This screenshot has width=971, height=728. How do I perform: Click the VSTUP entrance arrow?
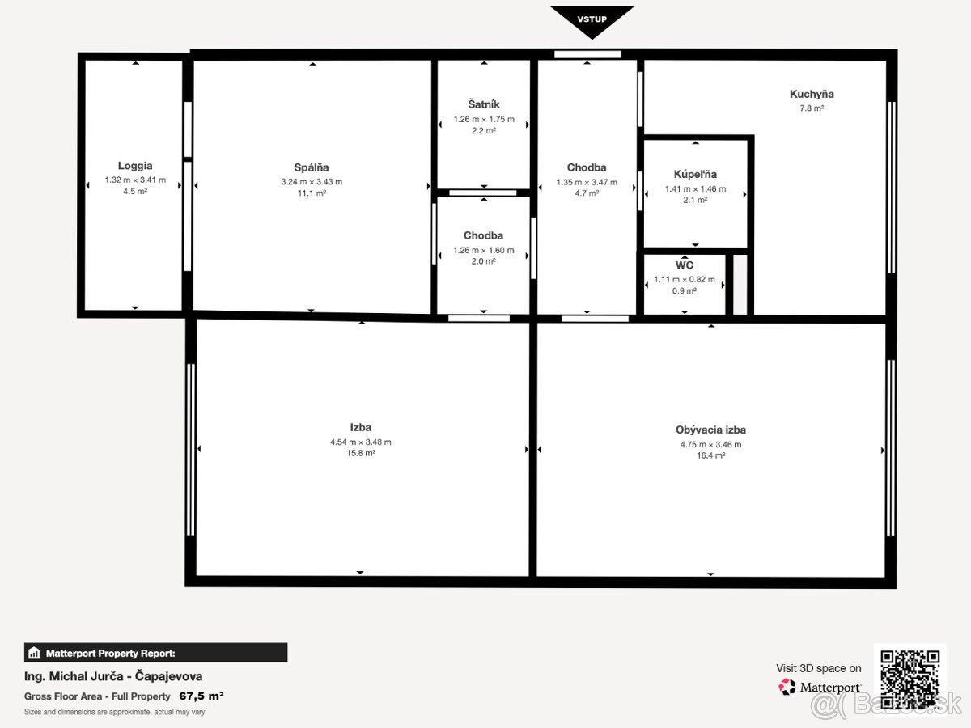click(x=592, y=21)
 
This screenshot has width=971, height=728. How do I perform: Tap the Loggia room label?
click(x=135, y=166)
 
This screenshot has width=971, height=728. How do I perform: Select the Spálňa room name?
click(x=312, y=167)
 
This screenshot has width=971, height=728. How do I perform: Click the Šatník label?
click(x=484, y=104)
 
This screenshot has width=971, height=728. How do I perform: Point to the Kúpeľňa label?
click(x=695, y=174)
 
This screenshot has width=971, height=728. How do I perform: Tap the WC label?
click(x=684, y=265)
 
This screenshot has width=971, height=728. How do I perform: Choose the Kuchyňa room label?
click(x=812, y=94)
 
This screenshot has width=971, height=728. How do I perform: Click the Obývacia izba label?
click(x=710, y=430)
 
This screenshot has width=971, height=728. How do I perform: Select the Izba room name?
click(x=361, y=427)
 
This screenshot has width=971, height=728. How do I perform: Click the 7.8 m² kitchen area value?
click(x=812, y=108)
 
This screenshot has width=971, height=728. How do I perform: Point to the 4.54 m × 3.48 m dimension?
click(x=361, y=442)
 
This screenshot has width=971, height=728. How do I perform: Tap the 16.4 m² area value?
click(x=711, y=455)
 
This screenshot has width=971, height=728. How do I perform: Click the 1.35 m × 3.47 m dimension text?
click(x=587, y=182)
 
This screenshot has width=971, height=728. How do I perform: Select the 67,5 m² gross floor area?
click(x=201, y=696)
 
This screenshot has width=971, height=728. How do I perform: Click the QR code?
click(x=910, y=679)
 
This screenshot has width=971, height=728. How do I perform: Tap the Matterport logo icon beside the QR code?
click(x=787, y=687)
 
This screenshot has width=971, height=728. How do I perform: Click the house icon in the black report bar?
click(x=34, y=653)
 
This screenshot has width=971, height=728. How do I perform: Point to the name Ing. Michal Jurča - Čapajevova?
click(x=113, y=676)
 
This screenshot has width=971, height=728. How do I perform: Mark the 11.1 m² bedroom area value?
click(x=312, y=193)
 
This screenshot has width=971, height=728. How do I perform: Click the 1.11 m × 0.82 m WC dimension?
click(x=685, y=279)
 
